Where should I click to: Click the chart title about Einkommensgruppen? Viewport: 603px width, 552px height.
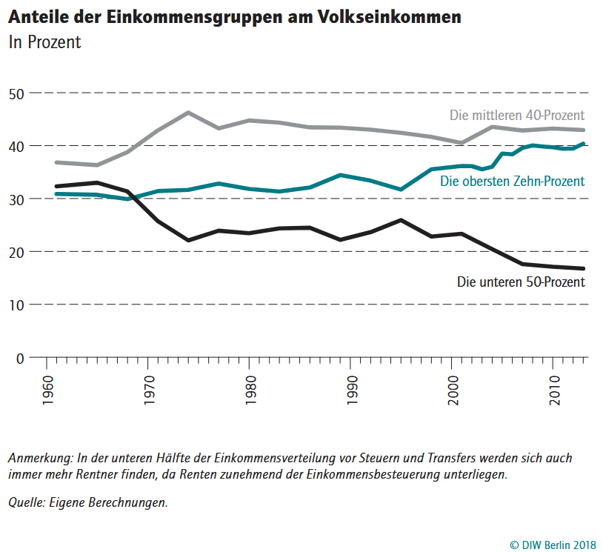coord(233,17)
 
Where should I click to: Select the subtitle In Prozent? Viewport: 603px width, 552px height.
coord(44,43)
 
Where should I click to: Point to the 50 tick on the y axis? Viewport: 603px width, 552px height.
coord(16,94)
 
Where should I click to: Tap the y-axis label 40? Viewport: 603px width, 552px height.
coord(16,147)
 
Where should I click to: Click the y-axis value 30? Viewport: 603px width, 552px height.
coord(16,199)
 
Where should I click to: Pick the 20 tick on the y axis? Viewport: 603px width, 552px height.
coord(16,252)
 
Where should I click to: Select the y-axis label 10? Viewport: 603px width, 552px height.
coord(16,305)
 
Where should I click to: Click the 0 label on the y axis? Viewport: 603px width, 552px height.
coord(20,358)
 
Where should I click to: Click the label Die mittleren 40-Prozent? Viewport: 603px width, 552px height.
coord(517,116)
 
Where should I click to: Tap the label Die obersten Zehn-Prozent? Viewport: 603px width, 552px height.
coord(513,182)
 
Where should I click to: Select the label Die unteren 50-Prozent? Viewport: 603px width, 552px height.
coord(521,282)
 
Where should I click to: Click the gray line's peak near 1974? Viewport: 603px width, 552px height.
coord(188,113)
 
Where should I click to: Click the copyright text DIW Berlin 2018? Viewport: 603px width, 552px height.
coord(553,544)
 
